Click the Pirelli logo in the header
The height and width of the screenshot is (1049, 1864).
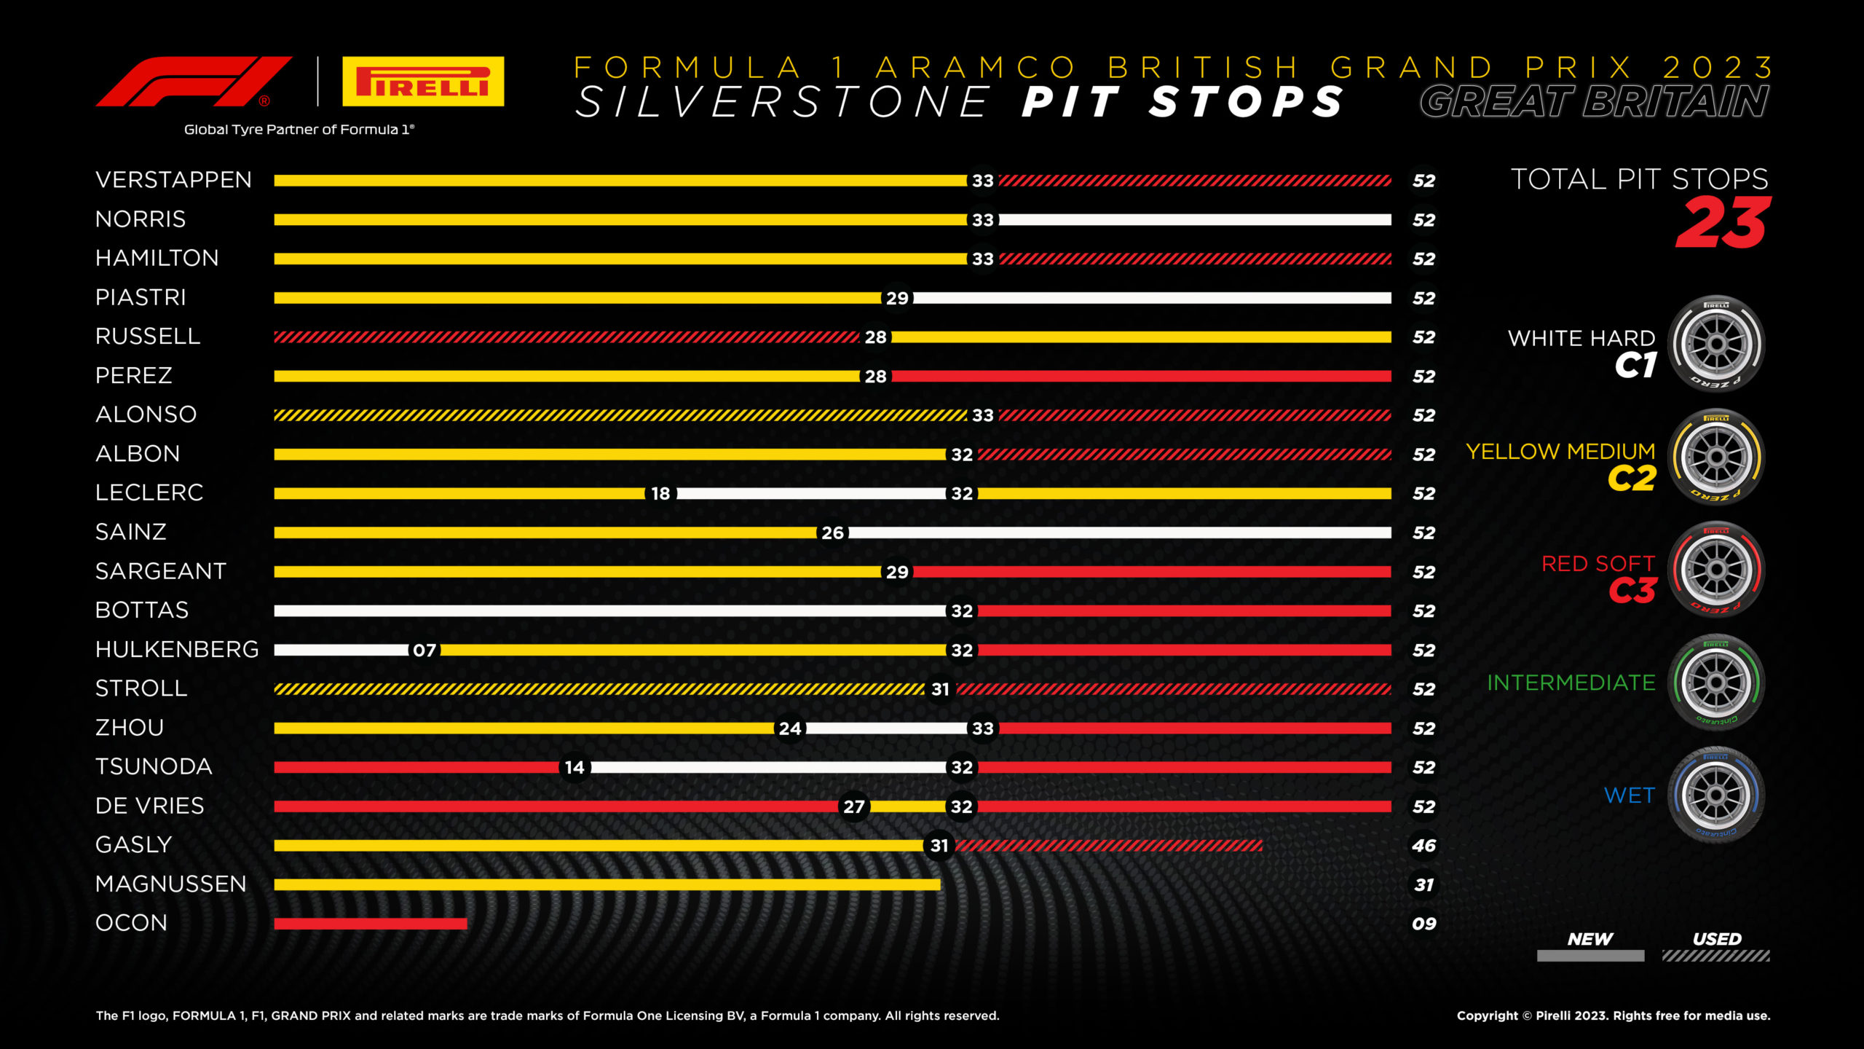click(x=423, y=82)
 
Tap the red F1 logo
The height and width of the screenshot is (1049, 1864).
click(x=194, y=82)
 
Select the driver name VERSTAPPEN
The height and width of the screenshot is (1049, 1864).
click(x=173, y=180)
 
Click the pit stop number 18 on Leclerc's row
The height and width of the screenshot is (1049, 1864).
click(x=660, y=494)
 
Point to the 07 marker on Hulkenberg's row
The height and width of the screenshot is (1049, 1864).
click(x=424, y=651)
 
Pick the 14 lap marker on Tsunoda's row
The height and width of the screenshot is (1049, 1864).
click(x=574, y=768)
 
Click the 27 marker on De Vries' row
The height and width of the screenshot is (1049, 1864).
click(x=853, y=807)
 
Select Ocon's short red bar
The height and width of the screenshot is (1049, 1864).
click(x=370, y=924)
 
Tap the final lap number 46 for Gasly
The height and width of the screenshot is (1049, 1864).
click(x=1423, y=846)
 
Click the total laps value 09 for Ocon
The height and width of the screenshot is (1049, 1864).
click(x=1423, y=924)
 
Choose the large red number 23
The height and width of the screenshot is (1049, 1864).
click(x=1723, y=224)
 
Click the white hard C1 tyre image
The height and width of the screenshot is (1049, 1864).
click(x=1716, y=344)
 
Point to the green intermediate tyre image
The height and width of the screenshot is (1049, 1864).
click(x=1716, y=683)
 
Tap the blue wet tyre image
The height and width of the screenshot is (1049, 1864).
click(x=1716, y=795)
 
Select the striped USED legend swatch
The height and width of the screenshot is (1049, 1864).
click(x=1715, y=956)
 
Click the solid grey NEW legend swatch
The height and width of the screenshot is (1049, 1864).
click(x=1590, y=956)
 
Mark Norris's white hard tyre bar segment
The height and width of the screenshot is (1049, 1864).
click(x=1194, y=220)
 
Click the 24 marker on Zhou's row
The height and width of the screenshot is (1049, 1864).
click(x=790, y=728)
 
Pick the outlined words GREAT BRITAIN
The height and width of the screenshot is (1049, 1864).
click(x=1594, y=102)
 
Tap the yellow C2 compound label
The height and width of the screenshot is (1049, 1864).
click(x=1632, y=479)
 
